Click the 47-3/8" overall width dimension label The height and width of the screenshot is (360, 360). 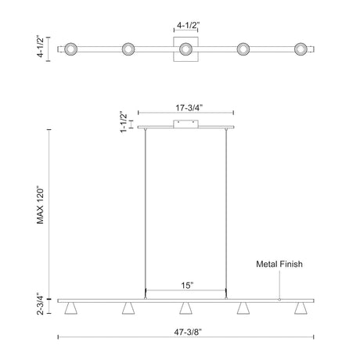point(188,332)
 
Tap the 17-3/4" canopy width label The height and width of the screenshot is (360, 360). point(189,108)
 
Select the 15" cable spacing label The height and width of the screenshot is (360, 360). point(187,285)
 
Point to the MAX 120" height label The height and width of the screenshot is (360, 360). point(40,205)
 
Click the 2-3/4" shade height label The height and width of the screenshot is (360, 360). point(41,304)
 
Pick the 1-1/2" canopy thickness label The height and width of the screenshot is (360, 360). point(124,123)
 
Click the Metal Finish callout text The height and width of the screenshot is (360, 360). point(279,264)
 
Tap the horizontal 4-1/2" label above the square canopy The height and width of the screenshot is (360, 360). point(188,25)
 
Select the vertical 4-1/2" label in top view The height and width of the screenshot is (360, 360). point(41,47)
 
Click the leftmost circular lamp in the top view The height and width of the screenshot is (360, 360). point(70,49)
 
